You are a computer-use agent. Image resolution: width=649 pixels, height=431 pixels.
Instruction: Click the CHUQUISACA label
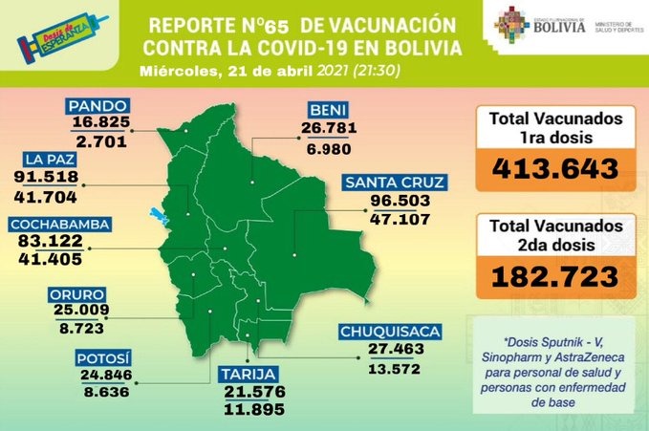[390, 333]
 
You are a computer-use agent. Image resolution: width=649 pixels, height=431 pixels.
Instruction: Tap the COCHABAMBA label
[65, 225]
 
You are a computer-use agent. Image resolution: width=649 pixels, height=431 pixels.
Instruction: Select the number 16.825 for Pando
[102, 123]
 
